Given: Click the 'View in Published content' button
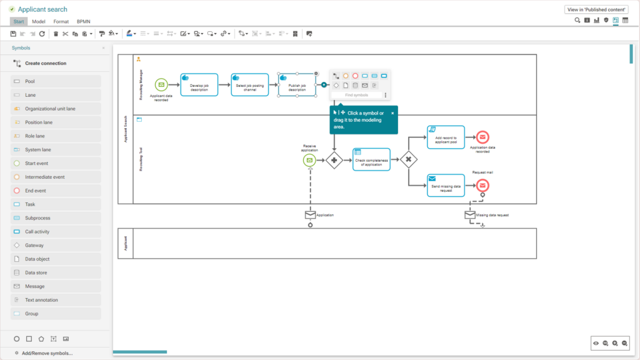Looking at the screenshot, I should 596,9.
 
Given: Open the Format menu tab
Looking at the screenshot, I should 61,21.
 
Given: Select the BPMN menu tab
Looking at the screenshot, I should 83,21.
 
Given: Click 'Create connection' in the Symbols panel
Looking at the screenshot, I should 45,63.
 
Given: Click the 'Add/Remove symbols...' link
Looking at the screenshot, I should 47,353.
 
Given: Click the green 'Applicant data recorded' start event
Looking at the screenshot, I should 161,84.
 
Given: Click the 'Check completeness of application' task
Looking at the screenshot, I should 371,160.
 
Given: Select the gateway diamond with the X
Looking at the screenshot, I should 408,160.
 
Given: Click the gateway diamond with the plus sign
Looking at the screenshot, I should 334,161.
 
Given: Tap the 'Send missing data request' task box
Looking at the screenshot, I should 446,186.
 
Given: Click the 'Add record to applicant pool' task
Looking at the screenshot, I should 446,137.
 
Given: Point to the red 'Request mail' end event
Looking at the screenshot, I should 482,186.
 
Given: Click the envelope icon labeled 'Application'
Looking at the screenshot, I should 310,215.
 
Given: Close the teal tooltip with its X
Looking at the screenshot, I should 392,113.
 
